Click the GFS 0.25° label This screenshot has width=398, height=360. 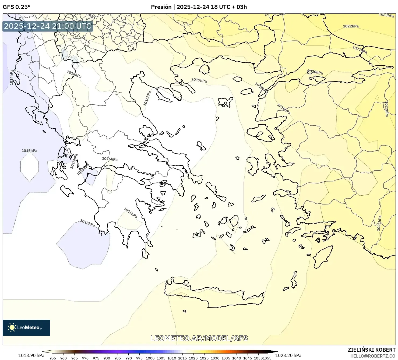(x=16, y=7)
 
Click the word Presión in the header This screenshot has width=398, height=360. (x=161, y=7)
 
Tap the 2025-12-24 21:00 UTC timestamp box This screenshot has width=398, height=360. (x=48, y=26)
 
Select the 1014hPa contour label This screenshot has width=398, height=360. (x=12, y=77)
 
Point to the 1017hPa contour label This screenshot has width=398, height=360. (x=199, y=80)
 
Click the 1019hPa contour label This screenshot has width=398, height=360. (x=284, y=109)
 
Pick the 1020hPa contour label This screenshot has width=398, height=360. (x=315, y=72)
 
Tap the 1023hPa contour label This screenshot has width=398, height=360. (x=386, y=15)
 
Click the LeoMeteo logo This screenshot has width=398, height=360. (x=26, y=327)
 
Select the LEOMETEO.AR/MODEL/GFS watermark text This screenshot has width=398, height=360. (x=199, y=338)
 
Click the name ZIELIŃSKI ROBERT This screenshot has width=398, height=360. (x=372, y=350)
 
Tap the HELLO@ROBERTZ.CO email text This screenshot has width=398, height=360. (x=373, y=356)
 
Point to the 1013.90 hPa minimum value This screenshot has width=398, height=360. (x=31, y=355)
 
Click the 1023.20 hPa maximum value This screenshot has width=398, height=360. (x=288, y=355)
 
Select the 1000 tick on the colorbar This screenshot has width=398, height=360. (x=150, y=358)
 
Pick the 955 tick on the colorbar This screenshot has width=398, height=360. (x=53, y=358)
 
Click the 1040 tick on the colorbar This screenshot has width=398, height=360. (x=237, y=358)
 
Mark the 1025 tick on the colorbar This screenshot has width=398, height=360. (x=204, y=358)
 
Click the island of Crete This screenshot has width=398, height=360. (x=215, y=295)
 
